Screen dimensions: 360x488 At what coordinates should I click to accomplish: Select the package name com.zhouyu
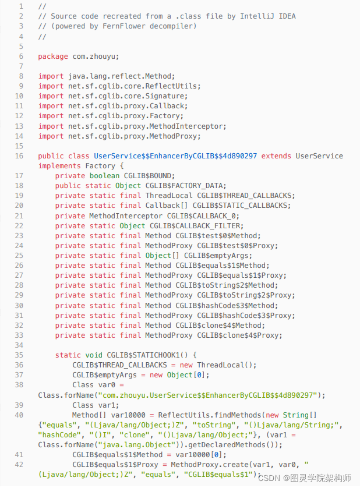96,56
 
